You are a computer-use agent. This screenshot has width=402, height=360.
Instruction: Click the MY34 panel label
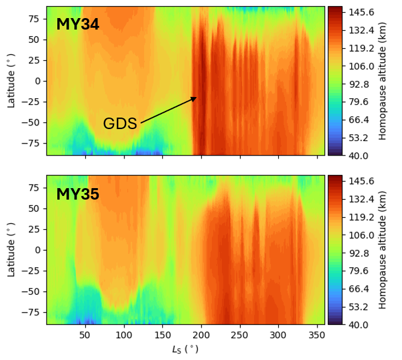pyautogui.click(x=78, y=25)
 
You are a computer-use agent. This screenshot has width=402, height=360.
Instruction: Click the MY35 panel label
pyautogui.click(x=78, y=195)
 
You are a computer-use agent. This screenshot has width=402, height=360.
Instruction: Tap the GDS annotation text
pyautogui.click(x=120, y=124)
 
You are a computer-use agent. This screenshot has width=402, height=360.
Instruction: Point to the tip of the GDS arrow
pyautogui.click(x=197, y=97)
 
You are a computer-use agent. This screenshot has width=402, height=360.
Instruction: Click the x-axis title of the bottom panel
pyautogui.click(x=187, y=350)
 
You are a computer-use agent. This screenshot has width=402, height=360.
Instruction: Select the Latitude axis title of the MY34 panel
pyautogui.click(x=11, y=81)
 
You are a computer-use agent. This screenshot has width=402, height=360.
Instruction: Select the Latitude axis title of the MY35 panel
pyautogui.click(x=11, y=250)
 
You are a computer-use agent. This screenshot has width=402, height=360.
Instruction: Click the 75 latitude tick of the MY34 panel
pyautogui.click(x=35, y=19)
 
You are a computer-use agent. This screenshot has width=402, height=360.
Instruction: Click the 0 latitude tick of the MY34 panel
pyautogui.click(x=37, y=81)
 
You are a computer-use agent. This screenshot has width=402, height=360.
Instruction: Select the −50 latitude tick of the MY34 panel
pyautogui.click(x=32, y=122)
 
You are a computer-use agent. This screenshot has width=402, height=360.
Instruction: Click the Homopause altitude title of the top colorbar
pyautogui.click(x=382, y=81)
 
